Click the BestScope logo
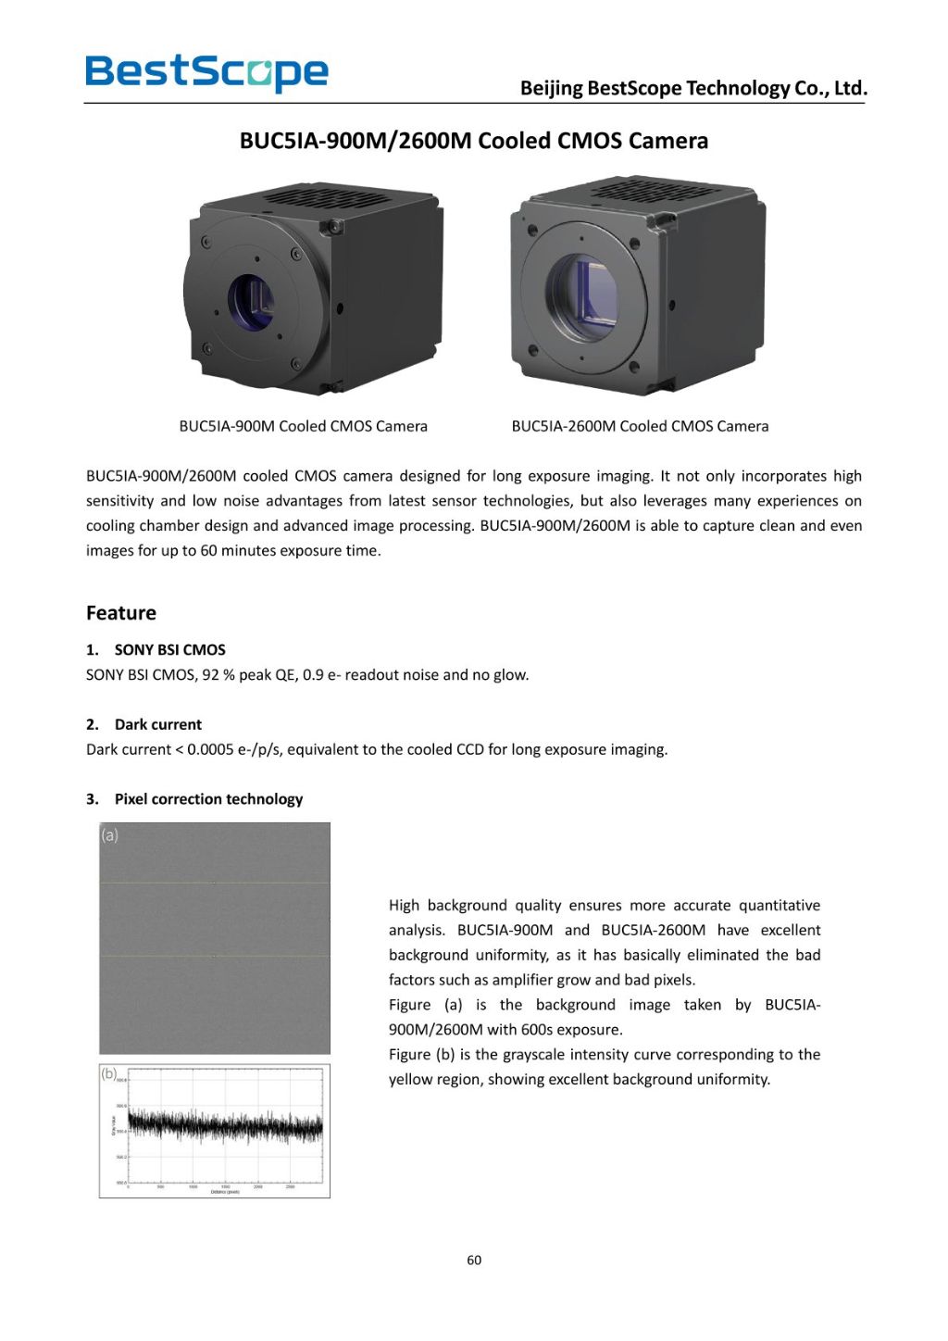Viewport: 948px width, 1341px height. [206, 72]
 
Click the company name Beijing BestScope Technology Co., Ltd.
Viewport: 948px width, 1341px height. [693, 88]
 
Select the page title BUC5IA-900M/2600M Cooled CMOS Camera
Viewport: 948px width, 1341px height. [473, 141]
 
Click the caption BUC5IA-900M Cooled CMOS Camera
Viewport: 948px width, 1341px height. [303, 426]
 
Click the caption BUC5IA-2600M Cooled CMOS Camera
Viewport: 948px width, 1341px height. [640, 426]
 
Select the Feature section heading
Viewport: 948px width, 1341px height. [121, 613]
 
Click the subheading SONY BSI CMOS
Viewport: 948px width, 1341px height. [169, 650]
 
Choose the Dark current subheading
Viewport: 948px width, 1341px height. [157, 724]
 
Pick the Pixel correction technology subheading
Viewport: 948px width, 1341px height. [208, 799]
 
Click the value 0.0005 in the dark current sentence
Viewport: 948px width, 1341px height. [210, 749]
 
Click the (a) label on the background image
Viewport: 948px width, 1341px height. [109, 835]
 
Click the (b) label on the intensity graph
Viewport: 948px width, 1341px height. [109, 1074]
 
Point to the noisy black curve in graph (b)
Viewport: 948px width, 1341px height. [225, 1126]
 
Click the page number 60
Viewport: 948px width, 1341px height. [474, 1260]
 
